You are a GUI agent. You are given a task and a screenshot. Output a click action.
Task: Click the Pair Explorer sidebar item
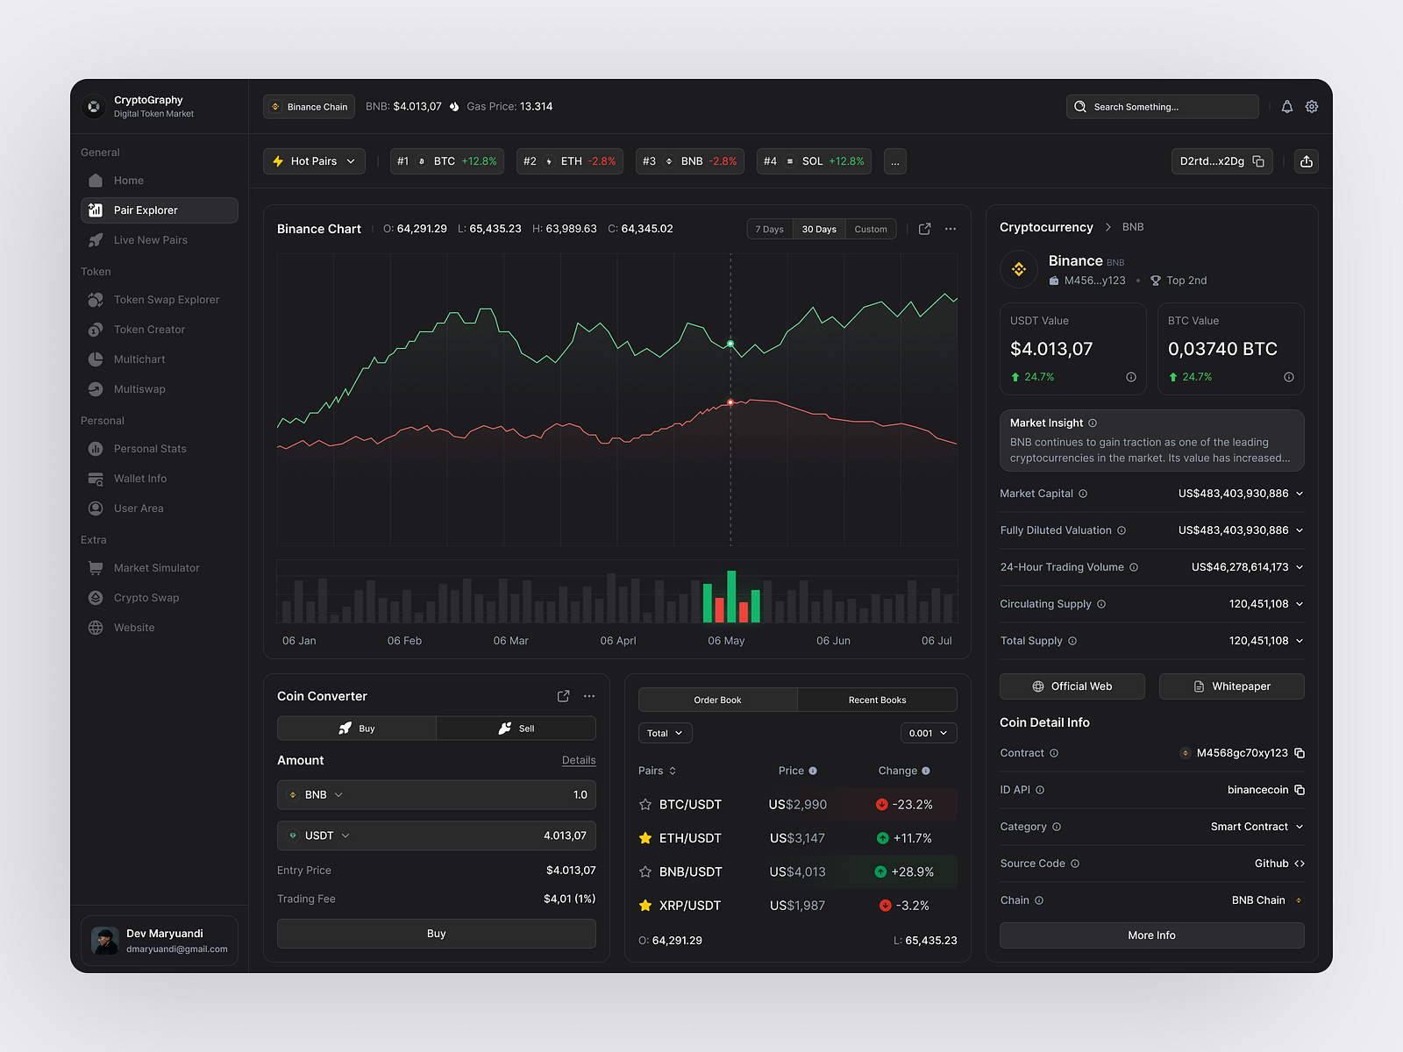point(159,210)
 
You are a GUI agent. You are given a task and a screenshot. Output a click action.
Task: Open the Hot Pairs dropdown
point(314,161)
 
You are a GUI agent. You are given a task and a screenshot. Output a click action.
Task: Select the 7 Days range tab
point(769,230)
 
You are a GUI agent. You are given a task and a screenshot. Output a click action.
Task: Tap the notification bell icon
point(1286,107)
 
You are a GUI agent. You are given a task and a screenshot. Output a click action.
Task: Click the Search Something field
point(1162,107)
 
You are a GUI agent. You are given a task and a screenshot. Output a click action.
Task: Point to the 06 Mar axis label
point(510,641)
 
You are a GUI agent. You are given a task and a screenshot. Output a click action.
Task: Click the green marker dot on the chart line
point(730,344)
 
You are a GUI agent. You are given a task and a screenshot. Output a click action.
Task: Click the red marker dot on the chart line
point(730,402)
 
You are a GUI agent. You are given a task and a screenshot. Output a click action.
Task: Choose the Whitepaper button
point(1231,686)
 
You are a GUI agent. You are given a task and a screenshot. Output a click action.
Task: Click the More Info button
point(1151,935)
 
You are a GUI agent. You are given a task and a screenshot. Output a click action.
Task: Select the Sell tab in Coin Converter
point(516,729)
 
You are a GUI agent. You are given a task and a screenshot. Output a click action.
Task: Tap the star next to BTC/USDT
point(645,805)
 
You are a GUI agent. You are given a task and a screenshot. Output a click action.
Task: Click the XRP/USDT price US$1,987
point(797,906)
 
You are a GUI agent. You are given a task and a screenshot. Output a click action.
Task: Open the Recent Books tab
point(877,700)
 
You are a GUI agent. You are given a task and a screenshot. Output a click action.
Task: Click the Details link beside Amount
point(579,761)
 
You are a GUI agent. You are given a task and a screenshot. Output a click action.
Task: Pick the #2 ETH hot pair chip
point(569,161)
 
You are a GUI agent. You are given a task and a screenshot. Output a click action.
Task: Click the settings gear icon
point(1312,107)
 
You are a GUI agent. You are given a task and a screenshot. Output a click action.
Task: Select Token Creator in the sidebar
point(149,330)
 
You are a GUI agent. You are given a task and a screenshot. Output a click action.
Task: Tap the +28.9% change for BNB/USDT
point(912,872)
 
